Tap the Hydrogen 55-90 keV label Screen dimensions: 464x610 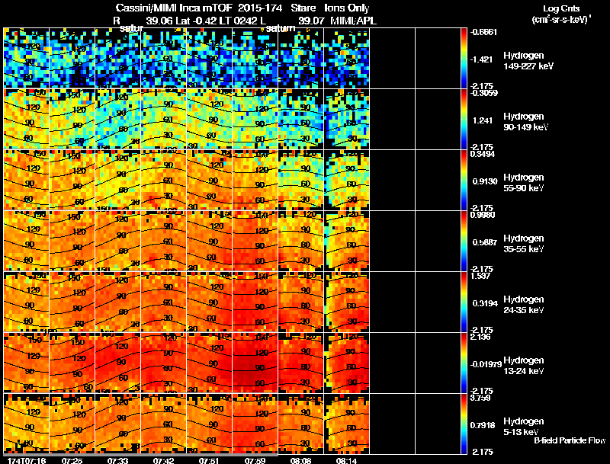click(523, 183)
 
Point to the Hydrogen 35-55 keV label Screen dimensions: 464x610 click(523, 244)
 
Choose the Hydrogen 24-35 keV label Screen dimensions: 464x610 click(523, 305)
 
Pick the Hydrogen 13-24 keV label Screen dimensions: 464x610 click(523, 366)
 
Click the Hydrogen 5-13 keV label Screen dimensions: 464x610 click(523, 426)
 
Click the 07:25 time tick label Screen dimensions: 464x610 click(72, 460)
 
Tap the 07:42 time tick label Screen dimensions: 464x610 click(163, 460)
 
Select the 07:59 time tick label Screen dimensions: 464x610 click(255, 460)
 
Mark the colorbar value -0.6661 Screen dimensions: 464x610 click(486, 32)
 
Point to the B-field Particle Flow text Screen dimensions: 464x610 click(569, 440)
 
